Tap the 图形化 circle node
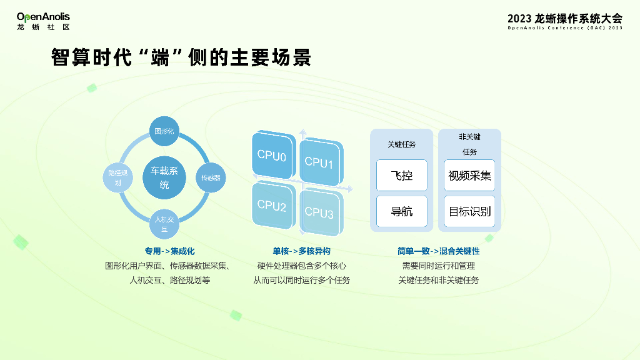164,131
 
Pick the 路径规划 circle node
118,177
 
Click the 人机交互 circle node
164,224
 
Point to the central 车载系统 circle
164,177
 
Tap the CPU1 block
320,162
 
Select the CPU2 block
272,206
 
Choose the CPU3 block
320,212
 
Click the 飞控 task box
402,176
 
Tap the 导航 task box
402,211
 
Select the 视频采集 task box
469,176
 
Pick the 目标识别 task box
469,211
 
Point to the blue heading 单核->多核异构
301,251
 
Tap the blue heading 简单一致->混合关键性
438,251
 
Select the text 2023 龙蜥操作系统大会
565,18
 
